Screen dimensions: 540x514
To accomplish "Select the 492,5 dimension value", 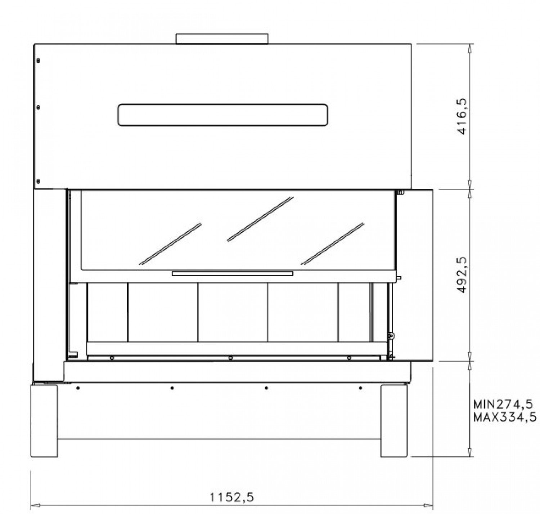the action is coord(462,275).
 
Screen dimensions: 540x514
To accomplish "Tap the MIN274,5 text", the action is coord(503,405).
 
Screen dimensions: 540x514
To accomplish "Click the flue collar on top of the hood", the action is coord(222,39).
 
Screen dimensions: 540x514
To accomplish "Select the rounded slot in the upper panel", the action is coord(222,115).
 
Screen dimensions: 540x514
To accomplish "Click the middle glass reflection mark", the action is coord(260,219).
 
